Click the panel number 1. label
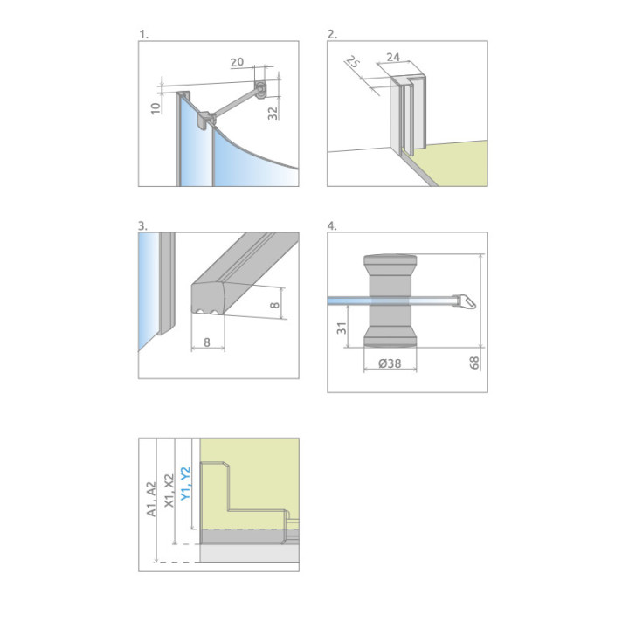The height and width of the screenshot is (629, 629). pyautogui.click(x=143, y=35)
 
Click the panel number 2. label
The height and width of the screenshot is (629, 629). pyautogui.click(x=333, y=35)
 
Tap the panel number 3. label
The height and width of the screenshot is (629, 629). pyautogui.click(x=142, y=226)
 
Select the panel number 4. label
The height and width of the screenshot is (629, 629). pyautogui.click(x=332, y=226)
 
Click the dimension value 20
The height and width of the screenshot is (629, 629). pyautogui.click(x=237, y=62)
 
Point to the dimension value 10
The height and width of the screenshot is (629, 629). pyautogui.click(x=156, y=108)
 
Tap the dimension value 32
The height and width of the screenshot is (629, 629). pyautogui.click(x=273, y=113)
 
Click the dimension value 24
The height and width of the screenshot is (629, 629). pyautogui.click(x=393, y=58)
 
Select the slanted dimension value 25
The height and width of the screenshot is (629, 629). pyautogui.click(x=353, y=62)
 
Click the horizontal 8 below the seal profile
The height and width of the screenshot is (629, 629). pyautogui.click(x=207, y=342)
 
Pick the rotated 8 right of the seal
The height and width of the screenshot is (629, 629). pyautogui.click(x=275, y=305)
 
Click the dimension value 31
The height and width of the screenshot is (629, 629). pyautogui.click(x=342, y=328)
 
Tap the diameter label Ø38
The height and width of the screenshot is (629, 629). pyautogui.click(x=390, y=363)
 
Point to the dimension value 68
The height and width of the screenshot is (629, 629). pyautogui.click(x=474, y=363)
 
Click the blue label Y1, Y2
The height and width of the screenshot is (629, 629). pyautogui.click(x=185, y=483)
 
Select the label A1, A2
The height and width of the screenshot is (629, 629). pyautogui.click(x=151, y=499)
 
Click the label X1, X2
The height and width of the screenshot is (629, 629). pyautogui.click(x=169, y=491)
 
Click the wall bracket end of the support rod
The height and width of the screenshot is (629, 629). pyautogui.click(x=260, y=89)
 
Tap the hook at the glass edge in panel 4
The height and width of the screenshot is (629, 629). pyautogui.click(x=466, y=301)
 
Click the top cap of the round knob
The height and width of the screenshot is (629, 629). pyautogui.click(x=390, y=259)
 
